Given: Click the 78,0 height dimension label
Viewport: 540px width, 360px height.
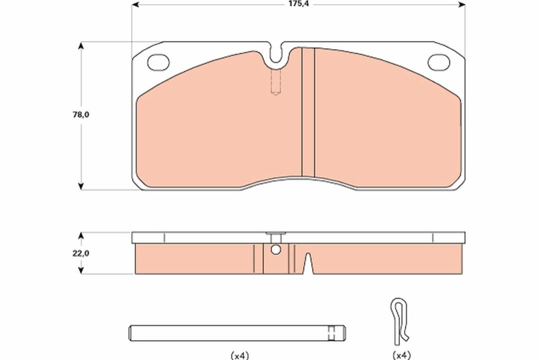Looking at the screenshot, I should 80,114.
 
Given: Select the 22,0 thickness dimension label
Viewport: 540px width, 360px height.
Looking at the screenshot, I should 80,253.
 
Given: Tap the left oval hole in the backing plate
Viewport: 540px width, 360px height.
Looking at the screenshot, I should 158,62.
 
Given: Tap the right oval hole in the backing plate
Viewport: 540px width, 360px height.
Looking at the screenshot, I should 438,62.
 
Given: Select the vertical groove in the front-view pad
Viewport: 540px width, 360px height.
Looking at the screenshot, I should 308,112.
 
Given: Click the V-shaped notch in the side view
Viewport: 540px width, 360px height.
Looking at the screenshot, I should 308,263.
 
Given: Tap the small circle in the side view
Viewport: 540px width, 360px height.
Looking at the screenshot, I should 274,250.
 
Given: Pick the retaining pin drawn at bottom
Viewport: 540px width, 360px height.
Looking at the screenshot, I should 237,332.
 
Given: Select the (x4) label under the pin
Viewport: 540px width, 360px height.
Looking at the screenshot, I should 239,355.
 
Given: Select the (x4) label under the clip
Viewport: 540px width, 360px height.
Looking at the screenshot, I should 400,355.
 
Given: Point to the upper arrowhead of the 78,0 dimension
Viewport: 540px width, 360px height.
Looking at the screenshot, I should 81,45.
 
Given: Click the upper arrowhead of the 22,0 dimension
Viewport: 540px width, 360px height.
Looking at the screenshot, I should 81,235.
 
